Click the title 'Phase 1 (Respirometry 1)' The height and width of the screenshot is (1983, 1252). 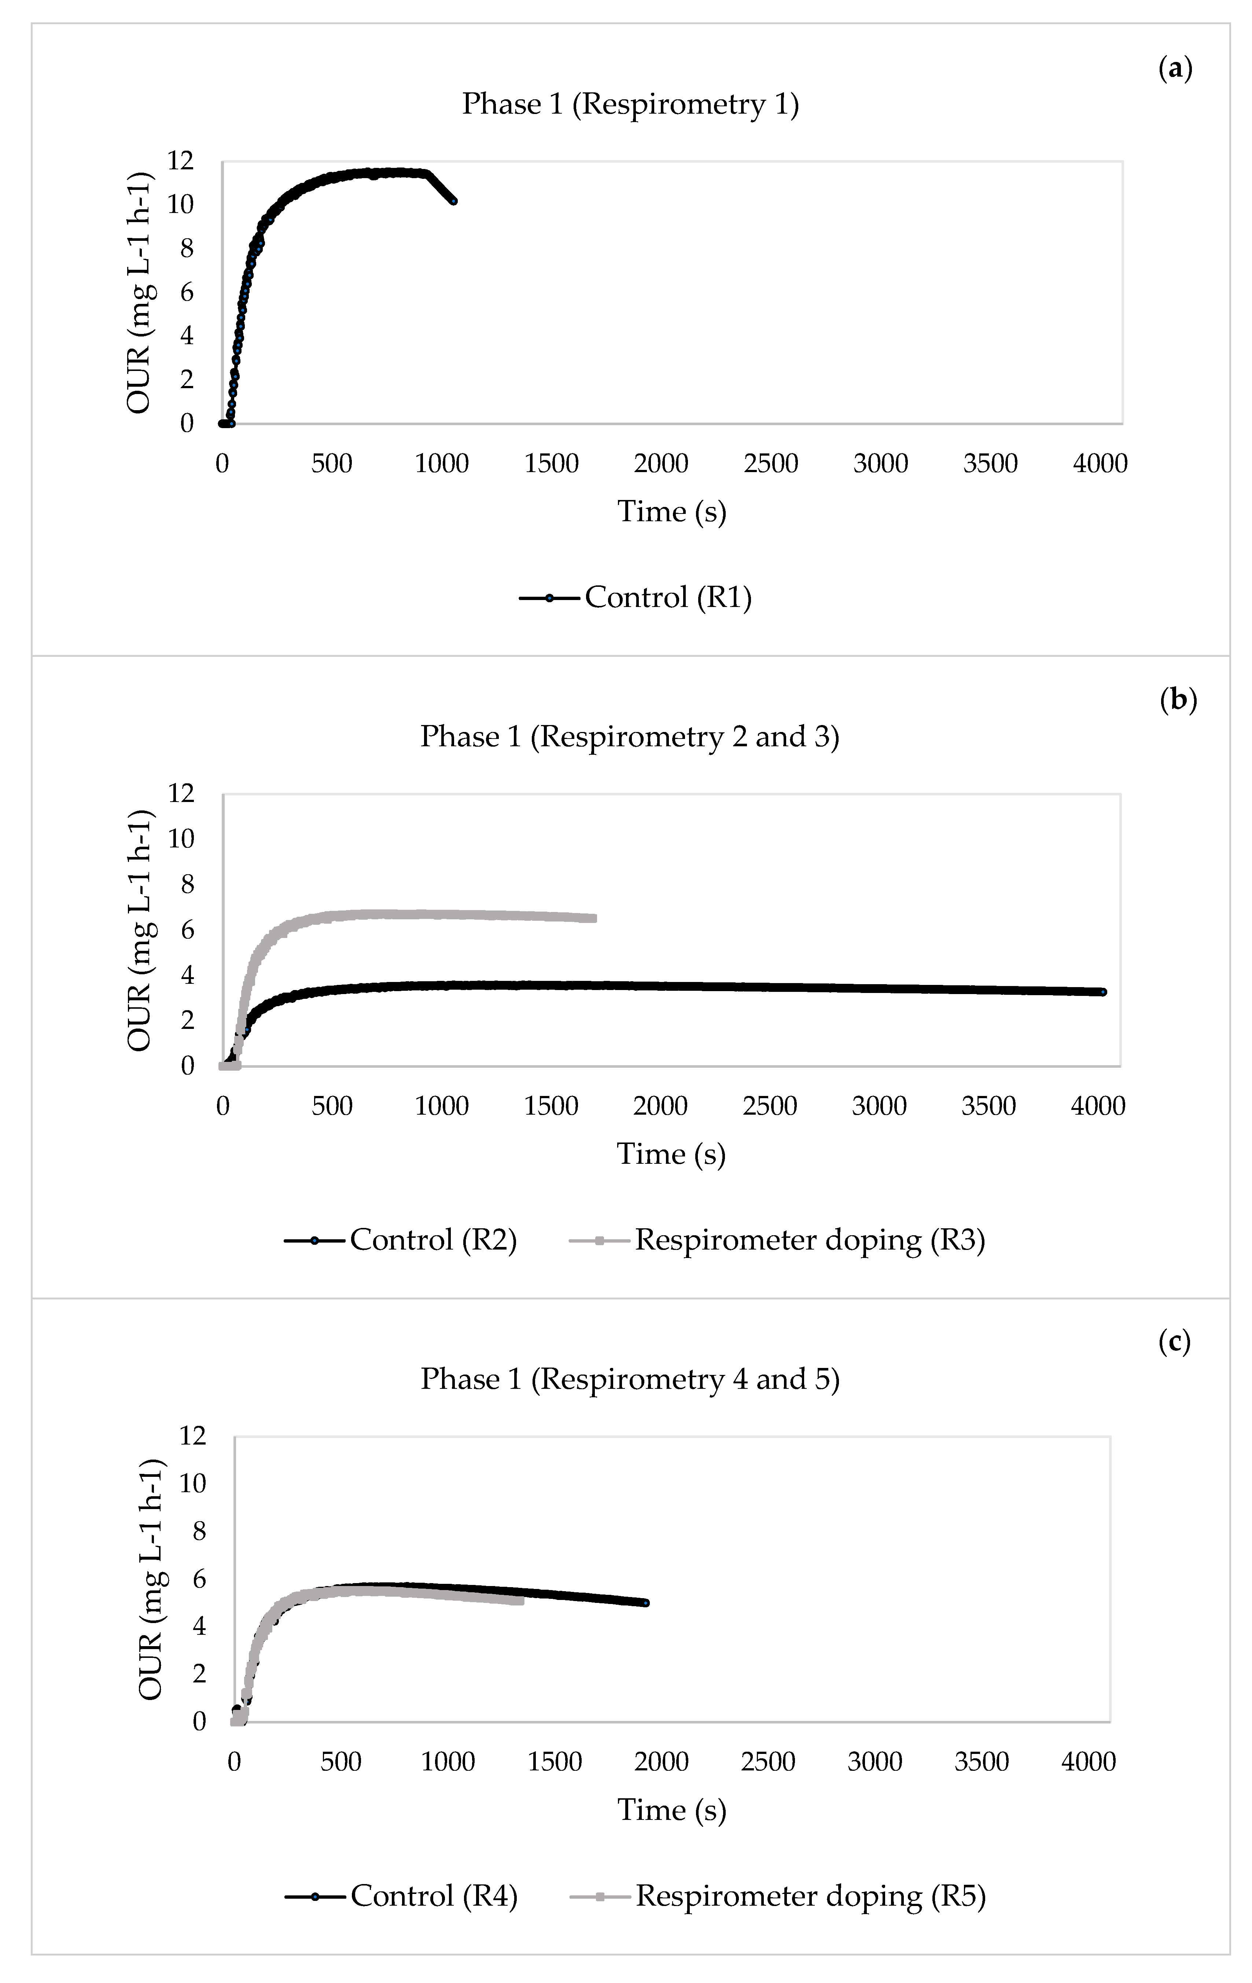tap(630, 104)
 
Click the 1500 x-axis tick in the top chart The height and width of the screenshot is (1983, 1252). tap(551, 464)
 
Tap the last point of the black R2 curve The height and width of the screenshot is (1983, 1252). tap(1103, 992)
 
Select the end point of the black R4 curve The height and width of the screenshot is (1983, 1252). tap(646, 1603)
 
